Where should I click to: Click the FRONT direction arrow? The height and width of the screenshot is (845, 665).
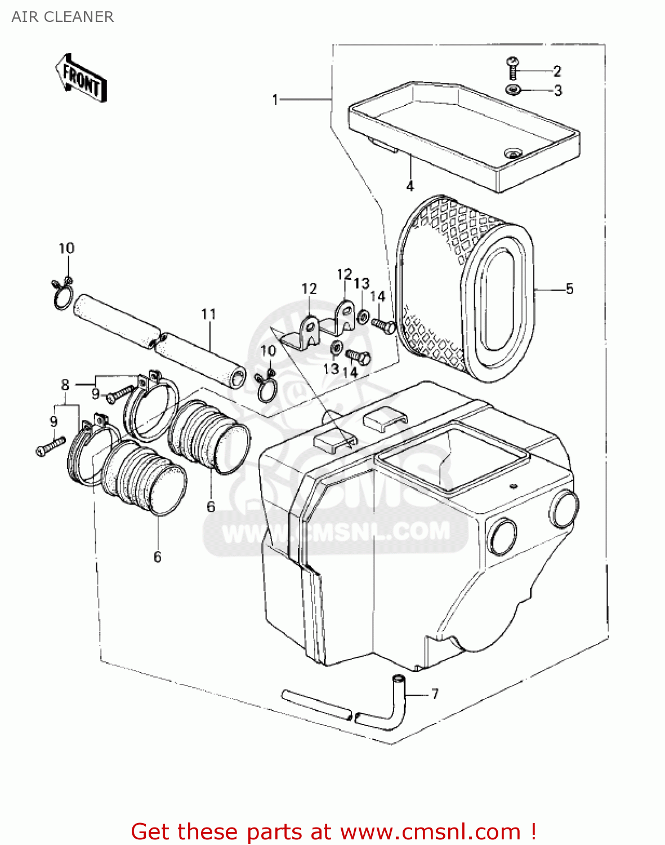(x=81, y=79)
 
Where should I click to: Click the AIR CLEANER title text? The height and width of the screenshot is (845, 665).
(x=63, y=17)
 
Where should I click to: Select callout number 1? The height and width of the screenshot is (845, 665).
(x=275, y=100)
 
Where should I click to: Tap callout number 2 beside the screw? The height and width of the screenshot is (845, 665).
(x=557, y=71)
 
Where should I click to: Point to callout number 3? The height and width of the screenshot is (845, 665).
(x=557, y=91)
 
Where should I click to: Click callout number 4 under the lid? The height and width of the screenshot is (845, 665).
(x=410, y=186)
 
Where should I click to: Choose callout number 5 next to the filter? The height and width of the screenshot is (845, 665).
(x=569, y=289)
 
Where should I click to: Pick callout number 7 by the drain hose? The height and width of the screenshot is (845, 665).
(x=435, y=693)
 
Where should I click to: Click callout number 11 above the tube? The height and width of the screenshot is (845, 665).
(x=208, y=314)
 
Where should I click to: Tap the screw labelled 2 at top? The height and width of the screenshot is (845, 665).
(x=512, y=68)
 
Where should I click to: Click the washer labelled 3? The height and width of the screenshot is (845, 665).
(x=513, y=90)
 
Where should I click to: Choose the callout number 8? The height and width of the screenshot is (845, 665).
(x=65, y=385)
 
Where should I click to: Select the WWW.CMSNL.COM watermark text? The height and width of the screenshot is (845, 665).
(x=336, y=532)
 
